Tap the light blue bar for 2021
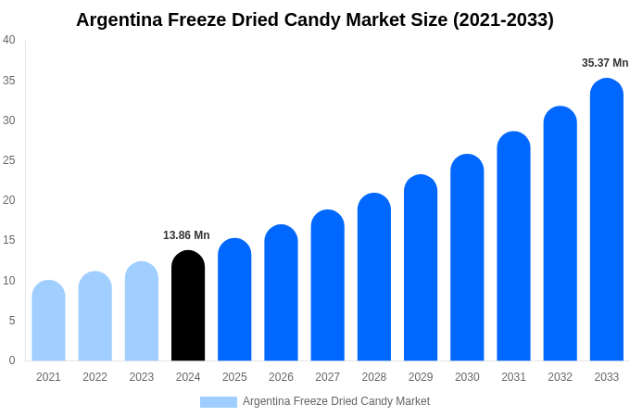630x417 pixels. [x=48, y=321]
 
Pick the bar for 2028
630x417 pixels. [x=373, y=277]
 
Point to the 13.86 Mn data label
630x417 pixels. [x=186, y=235]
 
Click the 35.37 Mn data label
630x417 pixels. [x=605, y=63]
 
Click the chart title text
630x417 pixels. [x=315, y=19]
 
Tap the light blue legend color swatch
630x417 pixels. [x=218, y=401]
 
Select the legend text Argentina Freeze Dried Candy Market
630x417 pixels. [x=335, y=401]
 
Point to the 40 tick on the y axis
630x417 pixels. [x=9, y=40]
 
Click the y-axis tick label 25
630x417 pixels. [x=9, y=160]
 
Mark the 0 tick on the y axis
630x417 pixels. [x=12, y=360]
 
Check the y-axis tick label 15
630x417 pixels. [x=9, y=240]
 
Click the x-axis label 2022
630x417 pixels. [x=94, y=377]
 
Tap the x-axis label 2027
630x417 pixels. [x=327, y=377]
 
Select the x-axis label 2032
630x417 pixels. [x=560, y=377]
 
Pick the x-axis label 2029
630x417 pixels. [x=421, y=377]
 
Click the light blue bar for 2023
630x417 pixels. [x=142, y=311]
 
